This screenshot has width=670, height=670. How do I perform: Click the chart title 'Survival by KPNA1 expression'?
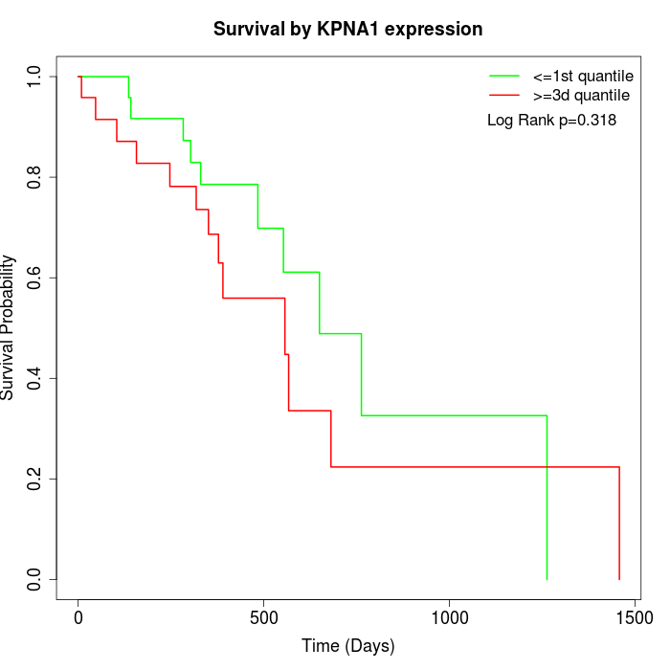click(347, 29)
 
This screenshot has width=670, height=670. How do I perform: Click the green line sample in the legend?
click(503, 76)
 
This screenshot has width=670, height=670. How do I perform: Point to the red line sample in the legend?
click(503, 96)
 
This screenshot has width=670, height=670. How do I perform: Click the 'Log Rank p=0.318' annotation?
click(551, 121)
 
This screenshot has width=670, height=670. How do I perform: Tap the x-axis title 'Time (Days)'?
click(347, 646)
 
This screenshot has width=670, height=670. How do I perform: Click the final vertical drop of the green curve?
click(547, 498)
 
